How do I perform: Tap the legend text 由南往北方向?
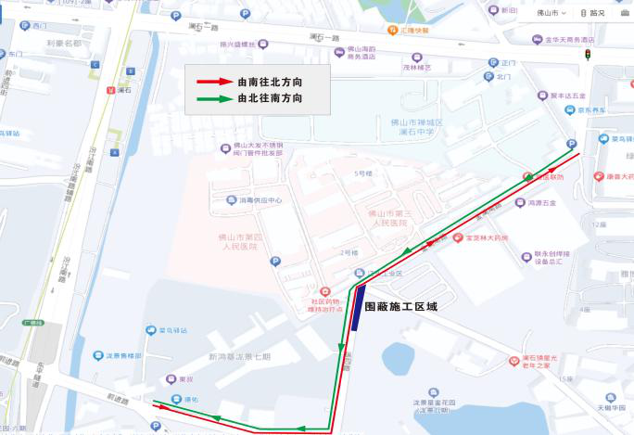tap(271, 83)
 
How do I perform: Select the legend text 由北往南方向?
tap(271, 98)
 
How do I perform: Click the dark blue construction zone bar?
tap(358, 306)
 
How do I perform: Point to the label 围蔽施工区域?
tap(400, 306)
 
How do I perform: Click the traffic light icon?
tap(587, 56)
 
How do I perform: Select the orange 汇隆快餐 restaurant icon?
tap(392, 30)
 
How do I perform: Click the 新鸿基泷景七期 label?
tap(239, 357)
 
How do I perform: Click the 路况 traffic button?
tap(592, 13)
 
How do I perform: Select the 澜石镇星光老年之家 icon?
tap(514, 360)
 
